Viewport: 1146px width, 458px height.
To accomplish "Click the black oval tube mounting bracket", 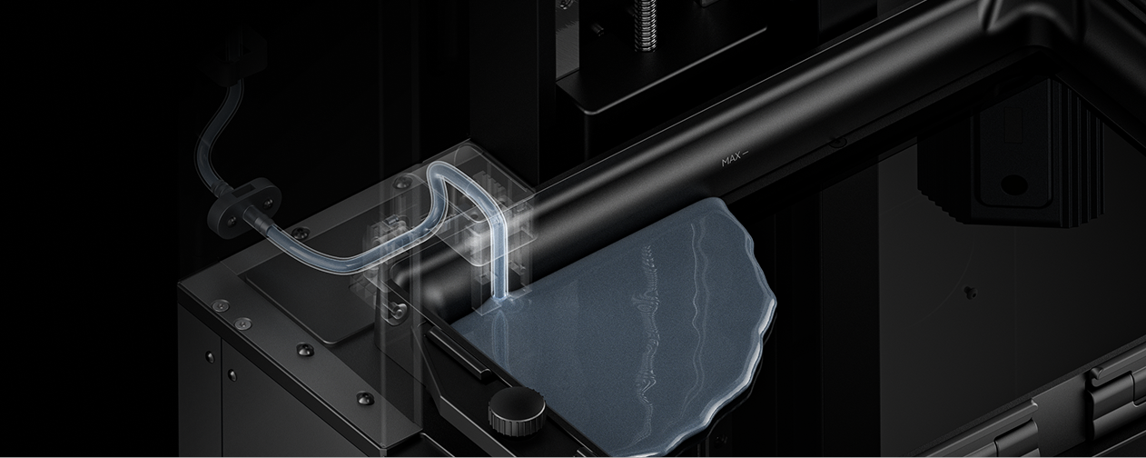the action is click(x=243, y=205).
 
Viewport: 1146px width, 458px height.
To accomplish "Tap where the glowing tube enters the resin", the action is click(x=502, y=300).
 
